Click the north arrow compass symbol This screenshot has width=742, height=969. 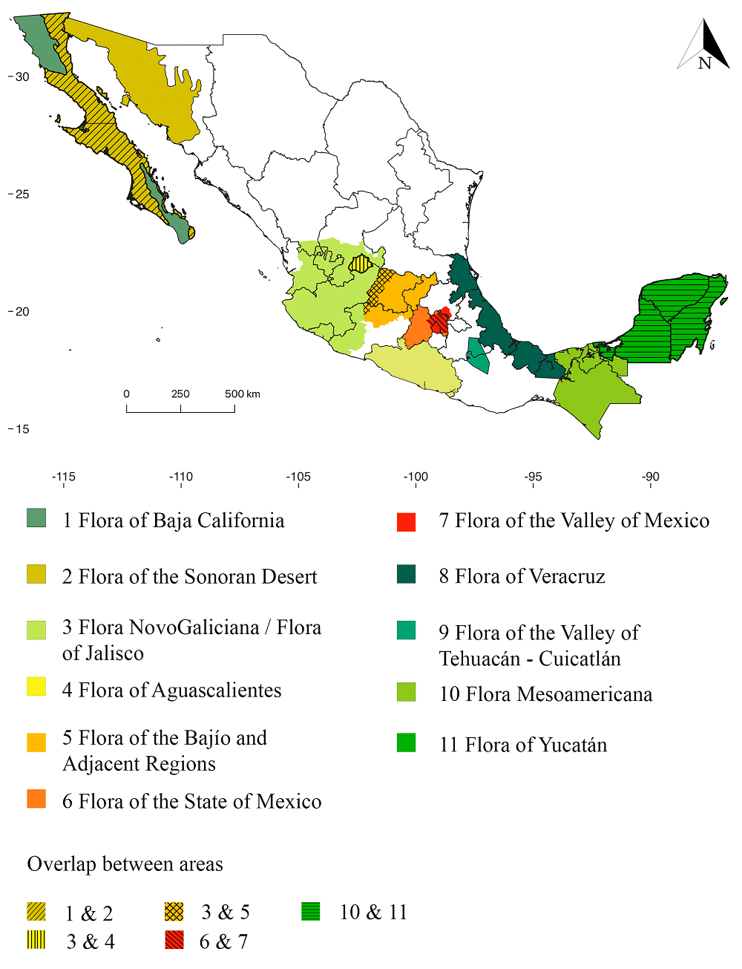point(703,46)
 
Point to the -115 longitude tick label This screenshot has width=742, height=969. point(64,477)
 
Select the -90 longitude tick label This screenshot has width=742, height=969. point(650,477)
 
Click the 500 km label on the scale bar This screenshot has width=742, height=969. point(243,394)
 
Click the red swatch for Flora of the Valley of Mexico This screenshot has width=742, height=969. point(406,522)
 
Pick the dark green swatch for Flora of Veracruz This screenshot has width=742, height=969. point(406,574)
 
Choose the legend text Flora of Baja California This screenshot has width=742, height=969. point(173,521)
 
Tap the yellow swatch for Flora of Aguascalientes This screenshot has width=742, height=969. point(36,686)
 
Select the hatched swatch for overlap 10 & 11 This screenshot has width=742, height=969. point(311,911)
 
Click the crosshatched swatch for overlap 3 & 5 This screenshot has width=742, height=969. point(174,911)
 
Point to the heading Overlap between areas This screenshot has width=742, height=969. point(125,864)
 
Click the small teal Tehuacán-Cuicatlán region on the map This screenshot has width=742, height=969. point(479,355)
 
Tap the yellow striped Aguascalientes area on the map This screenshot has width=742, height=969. point(361,264)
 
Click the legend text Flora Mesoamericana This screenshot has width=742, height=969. point(545,694)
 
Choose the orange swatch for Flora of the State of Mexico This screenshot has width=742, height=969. point(36,799)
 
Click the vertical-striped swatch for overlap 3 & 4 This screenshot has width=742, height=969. point(36,940)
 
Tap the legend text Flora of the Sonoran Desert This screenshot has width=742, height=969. point(189,577)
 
